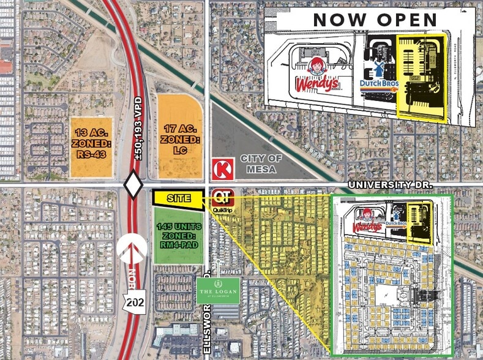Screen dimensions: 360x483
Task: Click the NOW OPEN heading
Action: (x=375, y=19)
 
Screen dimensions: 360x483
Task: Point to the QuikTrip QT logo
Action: (x=221, y=198)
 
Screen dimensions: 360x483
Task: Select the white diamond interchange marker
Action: (x=133, y=184)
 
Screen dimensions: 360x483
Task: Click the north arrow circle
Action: (x=133, y=251)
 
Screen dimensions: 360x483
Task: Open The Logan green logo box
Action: (x=217, y=291)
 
